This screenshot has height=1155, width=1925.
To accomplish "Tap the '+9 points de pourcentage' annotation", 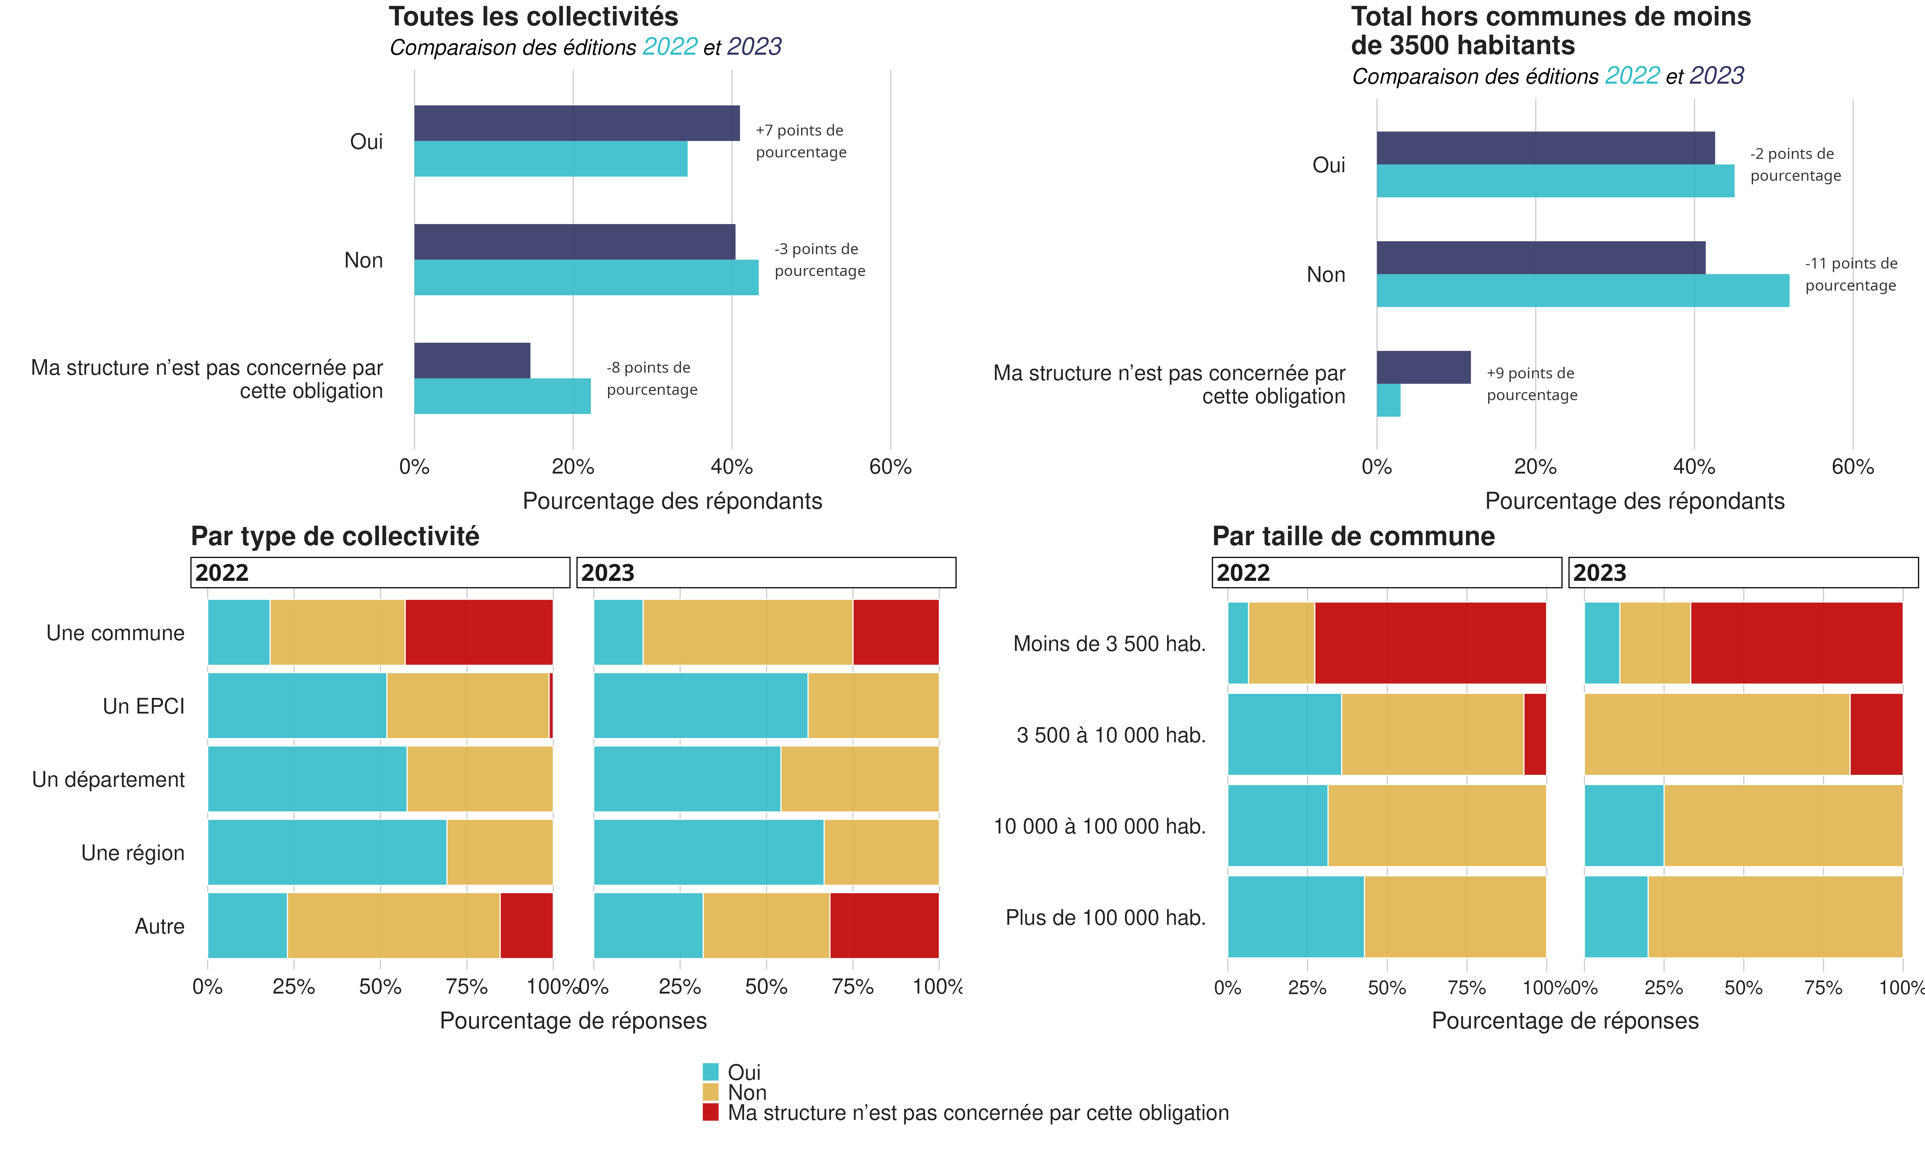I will click(x=1531, y=384).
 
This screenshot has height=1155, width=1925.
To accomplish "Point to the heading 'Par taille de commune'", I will click(x=1353, y=536).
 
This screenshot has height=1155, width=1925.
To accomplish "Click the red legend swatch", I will click(x=710, y=1112).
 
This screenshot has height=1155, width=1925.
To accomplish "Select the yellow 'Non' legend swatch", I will click(x=710, y=1092).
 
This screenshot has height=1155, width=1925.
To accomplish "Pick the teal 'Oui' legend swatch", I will click(x=710, y=1072).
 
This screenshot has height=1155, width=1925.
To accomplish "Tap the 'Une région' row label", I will click(x=133, y=853).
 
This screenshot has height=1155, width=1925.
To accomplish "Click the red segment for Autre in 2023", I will click(x=884, y=925).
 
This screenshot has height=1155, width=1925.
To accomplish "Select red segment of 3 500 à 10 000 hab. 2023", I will click(x=1876, y=734).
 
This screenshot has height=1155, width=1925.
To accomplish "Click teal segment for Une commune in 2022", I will click(x=239, y=632).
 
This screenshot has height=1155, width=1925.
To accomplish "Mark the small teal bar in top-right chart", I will click(x=1388, y=400).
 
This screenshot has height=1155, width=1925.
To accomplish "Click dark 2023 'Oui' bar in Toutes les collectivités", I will click(x=576, y=123).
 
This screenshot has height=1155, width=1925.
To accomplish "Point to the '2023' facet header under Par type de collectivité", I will click(x=766, y=573).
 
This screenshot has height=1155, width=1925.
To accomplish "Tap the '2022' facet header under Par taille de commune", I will click(x=1387, y=573).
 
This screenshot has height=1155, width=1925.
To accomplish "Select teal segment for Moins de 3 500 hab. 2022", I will click(x=1238, y=643).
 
